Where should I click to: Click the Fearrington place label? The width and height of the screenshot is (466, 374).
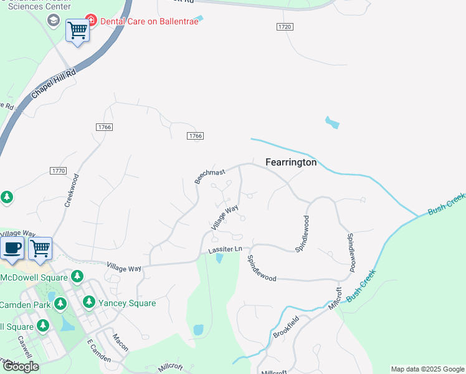[291, 162]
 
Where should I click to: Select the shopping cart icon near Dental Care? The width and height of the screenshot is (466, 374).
[77, 29]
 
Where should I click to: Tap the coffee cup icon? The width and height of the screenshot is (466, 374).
[12, 248]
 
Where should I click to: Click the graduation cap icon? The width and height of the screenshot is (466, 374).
[54, 21]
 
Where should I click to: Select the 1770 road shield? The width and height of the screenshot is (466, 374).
[58, 170]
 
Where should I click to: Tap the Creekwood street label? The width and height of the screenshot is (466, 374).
[72, 190]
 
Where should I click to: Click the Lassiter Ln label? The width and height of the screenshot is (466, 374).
[224, 249]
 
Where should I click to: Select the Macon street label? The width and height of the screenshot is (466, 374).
[120, 342]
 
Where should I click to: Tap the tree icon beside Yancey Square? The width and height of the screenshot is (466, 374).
[88, 302]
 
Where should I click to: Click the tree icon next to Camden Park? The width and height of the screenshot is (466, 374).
[60, 304]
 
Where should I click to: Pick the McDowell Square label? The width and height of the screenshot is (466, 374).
[34, 277]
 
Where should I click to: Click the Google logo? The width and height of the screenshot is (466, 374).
[21, 367]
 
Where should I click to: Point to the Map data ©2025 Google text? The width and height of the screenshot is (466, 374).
[427, 369]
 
